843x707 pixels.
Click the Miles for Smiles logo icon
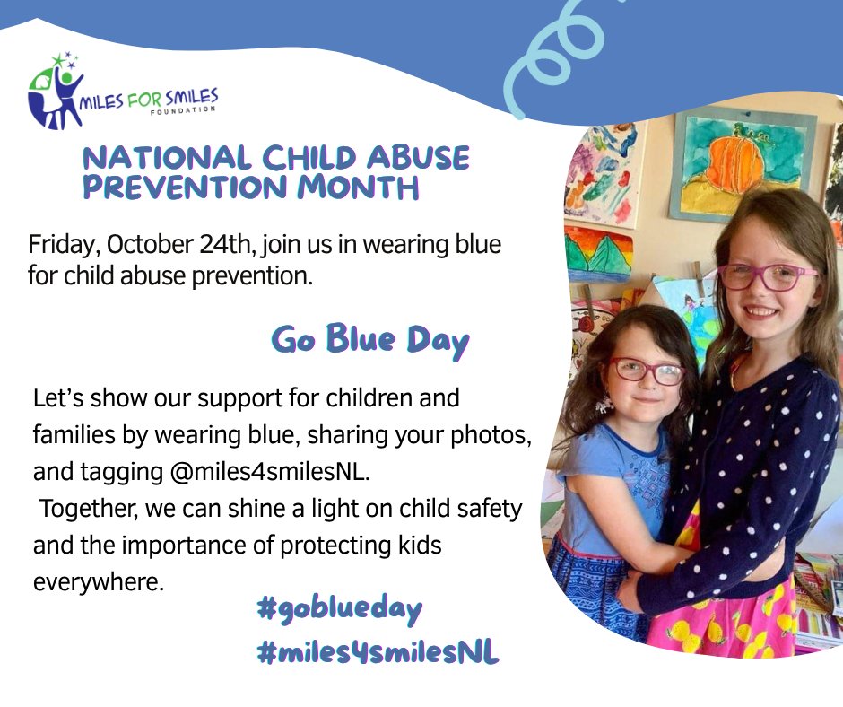(55, 92)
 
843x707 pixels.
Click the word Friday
(59, 243)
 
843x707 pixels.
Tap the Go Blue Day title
(369, 340)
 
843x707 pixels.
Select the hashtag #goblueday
(338, 609)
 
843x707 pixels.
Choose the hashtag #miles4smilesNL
(377, 653)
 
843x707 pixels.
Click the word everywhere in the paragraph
(99, 581)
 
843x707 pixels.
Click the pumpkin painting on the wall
(737, 161)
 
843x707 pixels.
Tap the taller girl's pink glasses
(764, 275)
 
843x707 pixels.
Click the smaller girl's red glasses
(646, 369)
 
